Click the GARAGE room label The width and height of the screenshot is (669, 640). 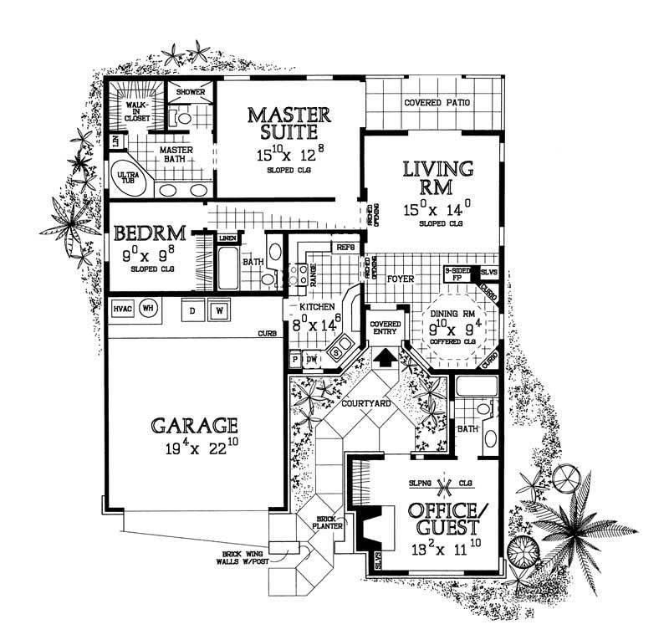pyautogui.click(x=194, y=424)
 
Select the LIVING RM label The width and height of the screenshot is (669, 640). pyautogui.click(x=438, y=178)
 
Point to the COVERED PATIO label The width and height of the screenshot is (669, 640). pyautogui.click(x=437, y=103)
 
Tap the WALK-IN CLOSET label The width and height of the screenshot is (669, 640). pyautogui.click(x=136, y=113)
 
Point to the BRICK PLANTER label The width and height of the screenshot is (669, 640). pyautogui.click(x=320, y=524)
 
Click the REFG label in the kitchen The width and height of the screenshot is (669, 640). pyautogui.click(x=345, y=248)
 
